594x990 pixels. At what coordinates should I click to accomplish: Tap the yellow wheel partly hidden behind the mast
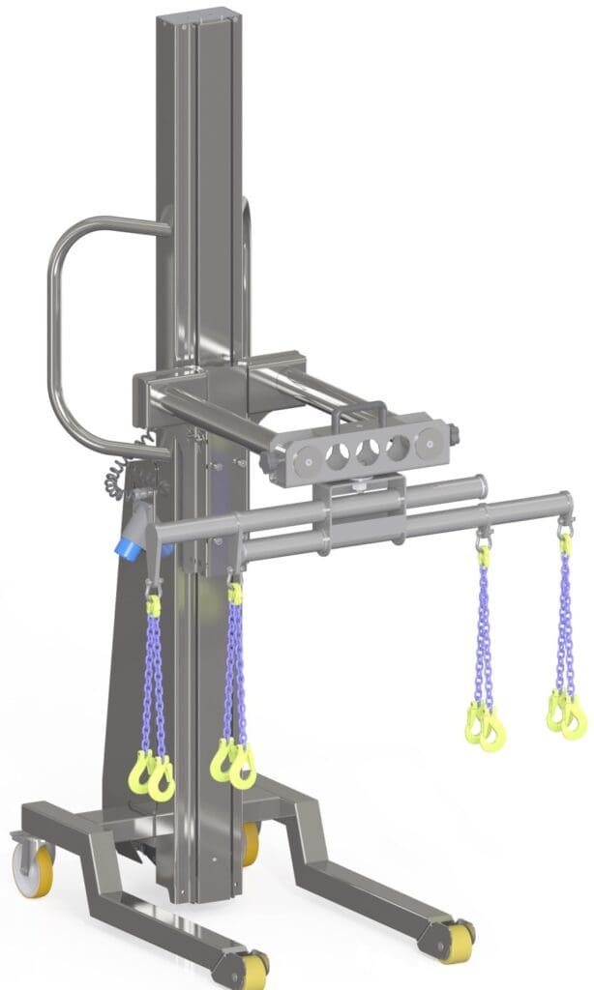click(x=251, y=843)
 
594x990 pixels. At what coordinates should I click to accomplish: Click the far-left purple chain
click(x=154, y=677)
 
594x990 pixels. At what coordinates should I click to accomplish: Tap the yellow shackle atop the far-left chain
click(x=153, y=605)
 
